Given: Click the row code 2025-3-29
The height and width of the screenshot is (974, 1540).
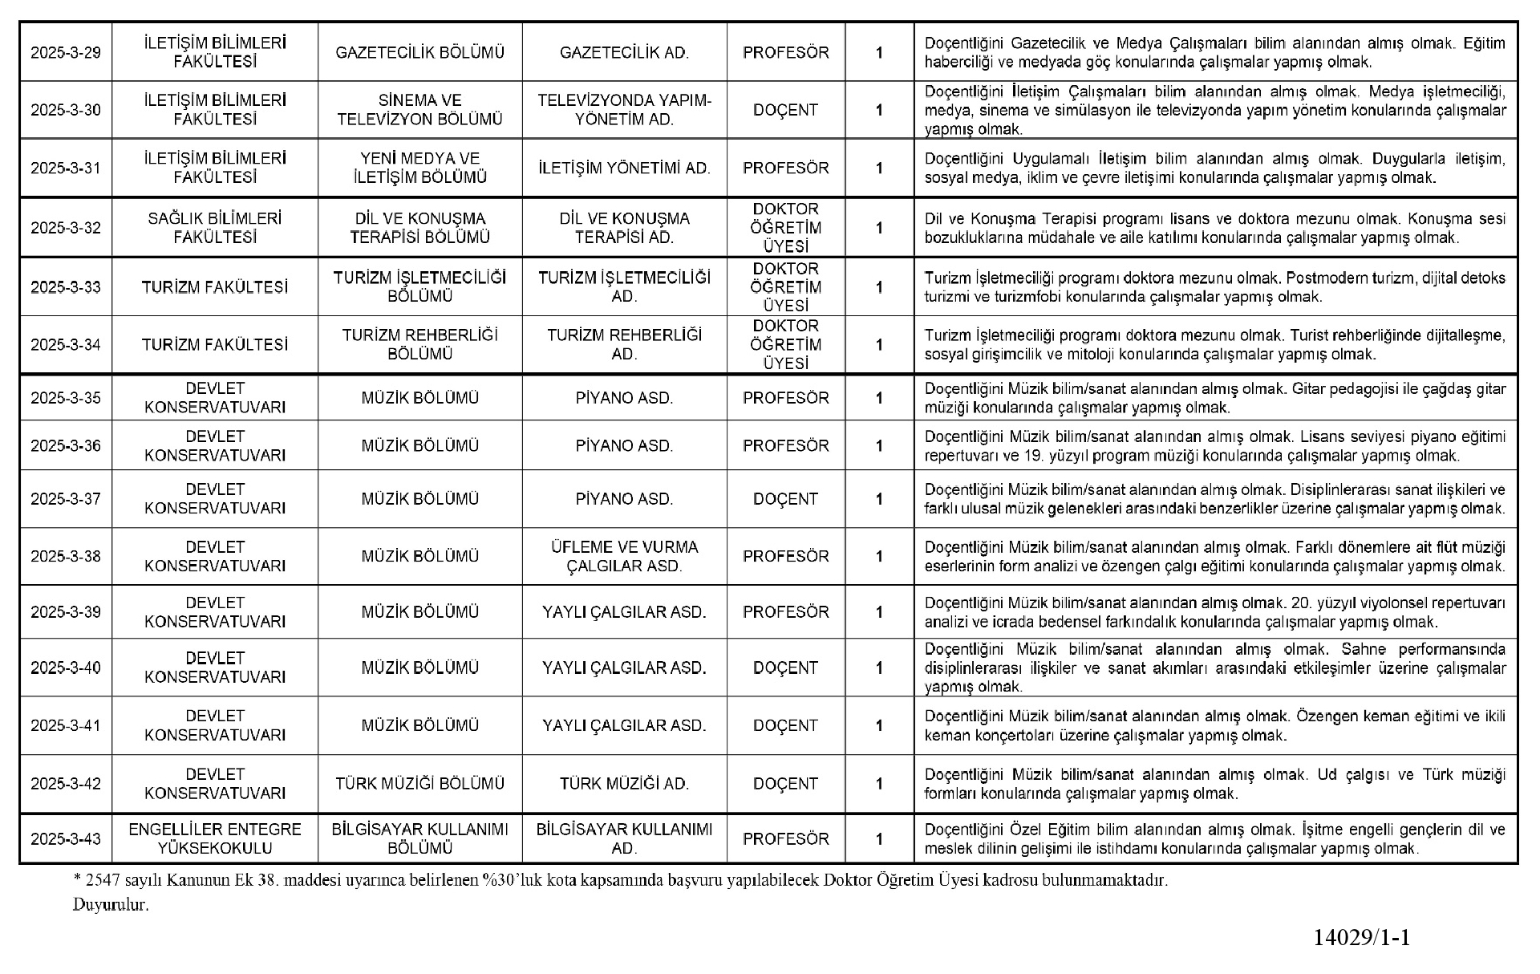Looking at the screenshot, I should [x=66, y=53].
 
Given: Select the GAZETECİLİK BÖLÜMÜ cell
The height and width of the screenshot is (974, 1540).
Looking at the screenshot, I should [x=419, y=53].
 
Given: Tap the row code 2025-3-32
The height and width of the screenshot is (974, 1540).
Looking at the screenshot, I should [x=66, y=228].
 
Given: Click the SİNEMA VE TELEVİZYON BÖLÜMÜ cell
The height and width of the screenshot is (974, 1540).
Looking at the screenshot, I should [x=419, y=110].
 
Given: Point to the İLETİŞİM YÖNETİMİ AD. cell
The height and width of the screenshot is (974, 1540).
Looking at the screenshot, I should [x=624, y=168].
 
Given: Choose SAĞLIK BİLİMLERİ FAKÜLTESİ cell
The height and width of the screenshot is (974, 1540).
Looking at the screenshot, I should [x=215, y=228].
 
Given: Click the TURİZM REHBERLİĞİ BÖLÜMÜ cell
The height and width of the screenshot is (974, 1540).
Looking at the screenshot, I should [x=419, y=344].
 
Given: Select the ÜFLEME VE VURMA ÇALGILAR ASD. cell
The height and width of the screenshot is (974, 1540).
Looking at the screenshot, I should [x=624, y=556].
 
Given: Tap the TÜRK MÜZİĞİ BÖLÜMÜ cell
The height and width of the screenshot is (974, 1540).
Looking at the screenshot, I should [x=419, y=784].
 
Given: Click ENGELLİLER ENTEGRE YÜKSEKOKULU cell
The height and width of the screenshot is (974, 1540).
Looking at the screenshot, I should [x=215, y=838].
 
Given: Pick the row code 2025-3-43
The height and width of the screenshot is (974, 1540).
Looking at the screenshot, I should [x=66, y=839].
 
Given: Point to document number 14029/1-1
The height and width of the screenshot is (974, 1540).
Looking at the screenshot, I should [x=1361, y=937].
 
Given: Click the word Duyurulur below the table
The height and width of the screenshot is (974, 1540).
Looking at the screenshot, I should [x=111, y=905].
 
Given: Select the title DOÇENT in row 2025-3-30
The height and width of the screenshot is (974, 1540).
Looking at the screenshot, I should [x=785, y=110].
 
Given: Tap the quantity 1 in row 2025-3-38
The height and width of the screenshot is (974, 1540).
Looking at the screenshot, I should [x=879, y=556].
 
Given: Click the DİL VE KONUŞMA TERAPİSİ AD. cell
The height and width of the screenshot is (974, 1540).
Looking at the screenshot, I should [x=624, y=228].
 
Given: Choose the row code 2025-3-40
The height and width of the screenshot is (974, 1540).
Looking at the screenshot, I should [x=66, y=668].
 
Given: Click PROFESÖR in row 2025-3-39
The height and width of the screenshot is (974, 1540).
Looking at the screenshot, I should [x=785, y=612].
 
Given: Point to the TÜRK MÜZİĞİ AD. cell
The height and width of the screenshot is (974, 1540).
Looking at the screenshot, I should [x=624, y=784].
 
